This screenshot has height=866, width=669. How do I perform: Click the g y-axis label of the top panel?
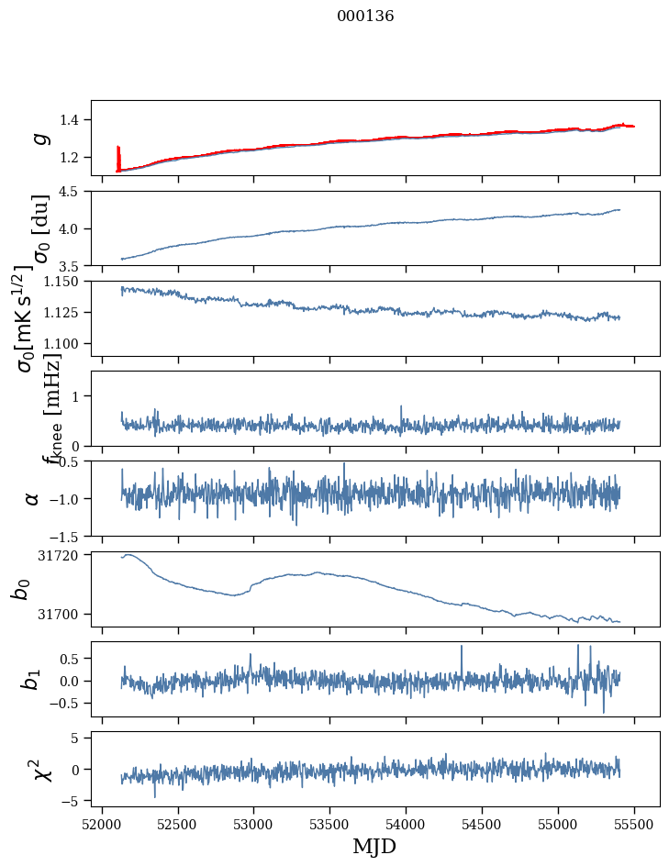(x=39, y=138)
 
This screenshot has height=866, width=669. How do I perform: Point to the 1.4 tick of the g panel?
(x=72, y=120)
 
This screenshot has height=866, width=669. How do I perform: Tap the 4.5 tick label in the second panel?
(x=72, y=192)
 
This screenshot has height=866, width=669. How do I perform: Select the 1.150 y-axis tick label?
(x=63, y=282)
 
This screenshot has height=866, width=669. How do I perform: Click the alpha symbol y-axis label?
(x=32, y=498)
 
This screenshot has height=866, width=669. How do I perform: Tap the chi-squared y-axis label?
(x=40, y=769)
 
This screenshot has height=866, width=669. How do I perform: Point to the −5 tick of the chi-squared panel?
(x=75, y=801)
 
